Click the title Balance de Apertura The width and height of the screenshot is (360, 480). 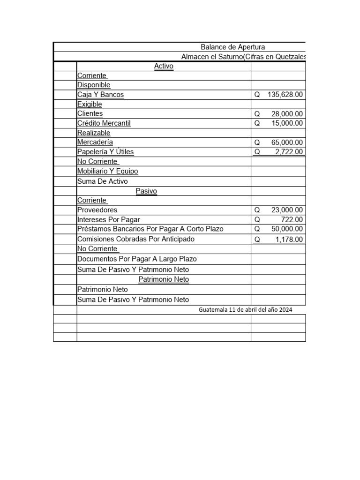click(x=232, y=47)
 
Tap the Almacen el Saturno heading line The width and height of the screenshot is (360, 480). click(x=243, y=57)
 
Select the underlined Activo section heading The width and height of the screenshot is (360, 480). click(x=164, y=66)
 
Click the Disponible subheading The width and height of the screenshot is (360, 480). click(x=94, y=85)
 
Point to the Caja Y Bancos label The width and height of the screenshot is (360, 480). click(x=101, y=95)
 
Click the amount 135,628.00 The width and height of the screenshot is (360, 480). click(x=285, y=95)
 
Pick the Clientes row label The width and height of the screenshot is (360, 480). click(x=90, y=113)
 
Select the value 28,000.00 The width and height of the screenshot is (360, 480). click(x=287, y=114)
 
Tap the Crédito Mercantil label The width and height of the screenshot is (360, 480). click(x=104, y=123)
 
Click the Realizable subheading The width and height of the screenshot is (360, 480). click(x=94, y=133)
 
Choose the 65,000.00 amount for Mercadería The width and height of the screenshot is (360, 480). click(x=287, y=142)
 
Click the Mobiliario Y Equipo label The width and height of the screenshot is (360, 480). click(x=108, y=171)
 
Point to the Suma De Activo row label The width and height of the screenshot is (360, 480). click(x=102, y=181)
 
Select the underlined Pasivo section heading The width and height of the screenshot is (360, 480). click(x=146, y=191)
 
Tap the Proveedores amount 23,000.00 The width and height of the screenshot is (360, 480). click(x=287, y=210)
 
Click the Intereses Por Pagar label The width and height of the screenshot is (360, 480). click(x=109, y=219)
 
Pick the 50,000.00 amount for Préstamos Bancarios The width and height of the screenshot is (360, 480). click(x=287, y=229)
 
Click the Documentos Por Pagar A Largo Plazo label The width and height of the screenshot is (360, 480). click(x=137, y=259)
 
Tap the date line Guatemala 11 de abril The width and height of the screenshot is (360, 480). click(x=246, y=310)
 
